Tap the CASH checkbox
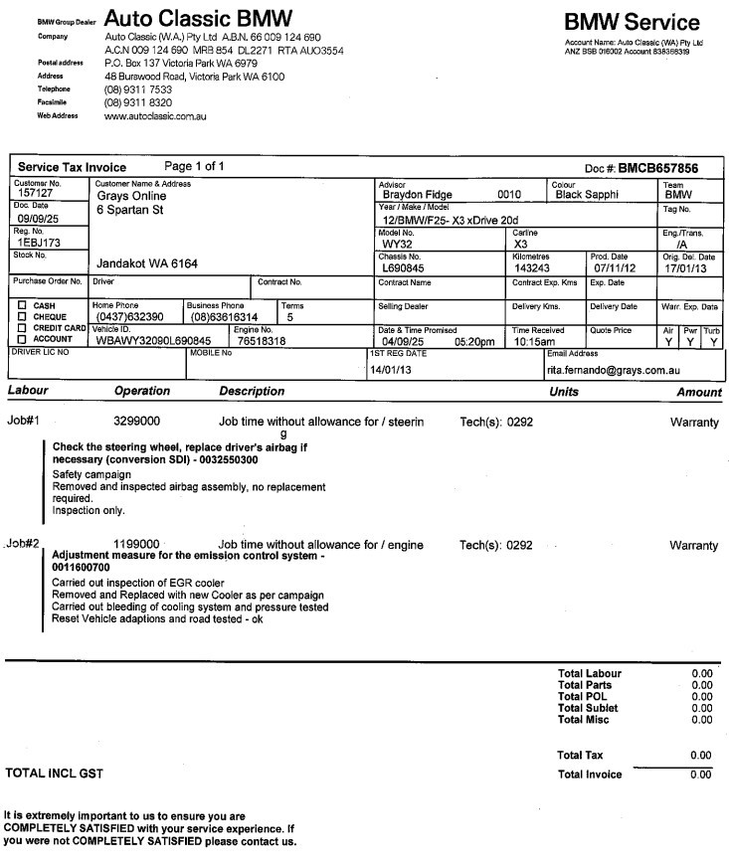coord(22,305)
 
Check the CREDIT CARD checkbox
coord(22,327)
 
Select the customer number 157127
coord(36,194)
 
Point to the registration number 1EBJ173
coord(40,242)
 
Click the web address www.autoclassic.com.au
coord(155,116)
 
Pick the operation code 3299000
coord(137,422)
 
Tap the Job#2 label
coord(22,544)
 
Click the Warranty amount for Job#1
coord(694,423)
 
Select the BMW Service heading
coord(632,23)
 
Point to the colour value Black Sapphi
coord(587,195)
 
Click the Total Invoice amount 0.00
coord(701,775)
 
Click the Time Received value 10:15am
coord(533,341)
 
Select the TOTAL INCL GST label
coord(55,773)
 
